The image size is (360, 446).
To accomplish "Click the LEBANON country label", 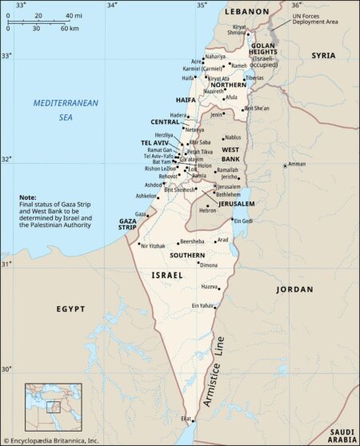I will coord(247,13).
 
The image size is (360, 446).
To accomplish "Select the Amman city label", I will coord(297,165).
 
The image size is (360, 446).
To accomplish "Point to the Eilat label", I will coord(186,419).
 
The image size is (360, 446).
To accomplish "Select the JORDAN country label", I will coord(294,289).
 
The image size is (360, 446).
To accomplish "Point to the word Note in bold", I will coord(28,197).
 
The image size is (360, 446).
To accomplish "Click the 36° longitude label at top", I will coord(295,5).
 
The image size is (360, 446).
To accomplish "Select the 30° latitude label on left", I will coord(6,369).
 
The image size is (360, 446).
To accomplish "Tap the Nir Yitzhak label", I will coord(156,246).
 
